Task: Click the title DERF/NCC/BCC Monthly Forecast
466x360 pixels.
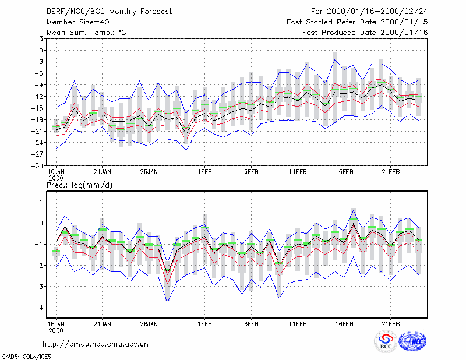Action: click(x=109, y=12)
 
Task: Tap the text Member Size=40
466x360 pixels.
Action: click(x=78, y=22)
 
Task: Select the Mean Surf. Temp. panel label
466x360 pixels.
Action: click(x=86, y=33)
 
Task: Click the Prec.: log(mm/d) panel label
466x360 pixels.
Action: click(x=79, y=185)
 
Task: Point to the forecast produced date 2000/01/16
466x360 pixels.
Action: click(x=404, y=33)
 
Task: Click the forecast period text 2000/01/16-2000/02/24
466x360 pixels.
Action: click(x=377, y=12)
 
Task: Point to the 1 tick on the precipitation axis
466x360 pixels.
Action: click(x=41, y=202)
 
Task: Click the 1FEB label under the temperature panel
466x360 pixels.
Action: click(x=205, y=172)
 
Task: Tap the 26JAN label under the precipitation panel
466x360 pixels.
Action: click(x=149, y=324)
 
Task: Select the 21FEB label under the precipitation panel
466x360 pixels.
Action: click(x=390, y=324)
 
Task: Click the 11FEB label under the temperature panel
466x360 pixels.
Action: click(x=298, y=172)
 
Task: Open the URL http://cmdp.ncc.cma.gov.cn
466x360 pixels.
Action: click(x=96, y=344)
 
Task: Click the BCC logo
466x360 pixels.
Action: click(x=386, y=341)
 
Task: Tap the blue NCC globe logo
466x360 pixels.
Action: click(x=412, y=341)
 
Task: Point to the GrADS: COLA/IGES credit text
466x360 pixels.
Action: click(x=26, y=357)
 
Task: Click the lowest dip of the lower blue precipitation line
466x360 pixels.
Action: click(x=168, y=302)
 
